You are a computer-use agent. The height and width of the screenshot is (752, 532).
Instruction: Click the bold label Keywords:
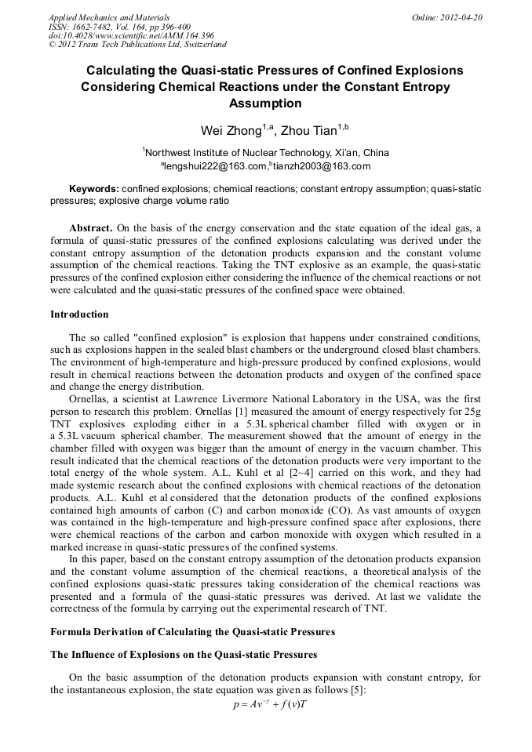94,189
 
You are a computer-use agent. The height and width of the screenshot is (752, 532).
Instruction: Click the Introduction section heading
79,314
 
